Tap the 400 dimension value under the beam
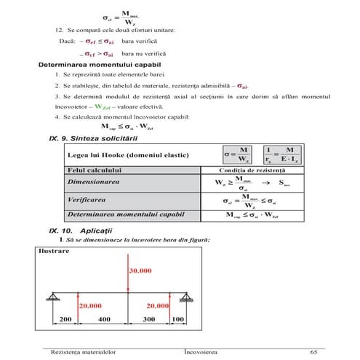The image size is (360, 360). click(x=104, y=319)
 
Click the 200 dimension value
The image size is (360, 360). click(x=65, y=319)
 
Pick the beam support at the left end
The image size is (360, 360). click(x=55, y=295)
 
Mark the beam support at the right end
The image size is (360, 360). click(x=186, y=295)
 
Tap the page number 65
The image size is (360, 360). click(x=313, y=351)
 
